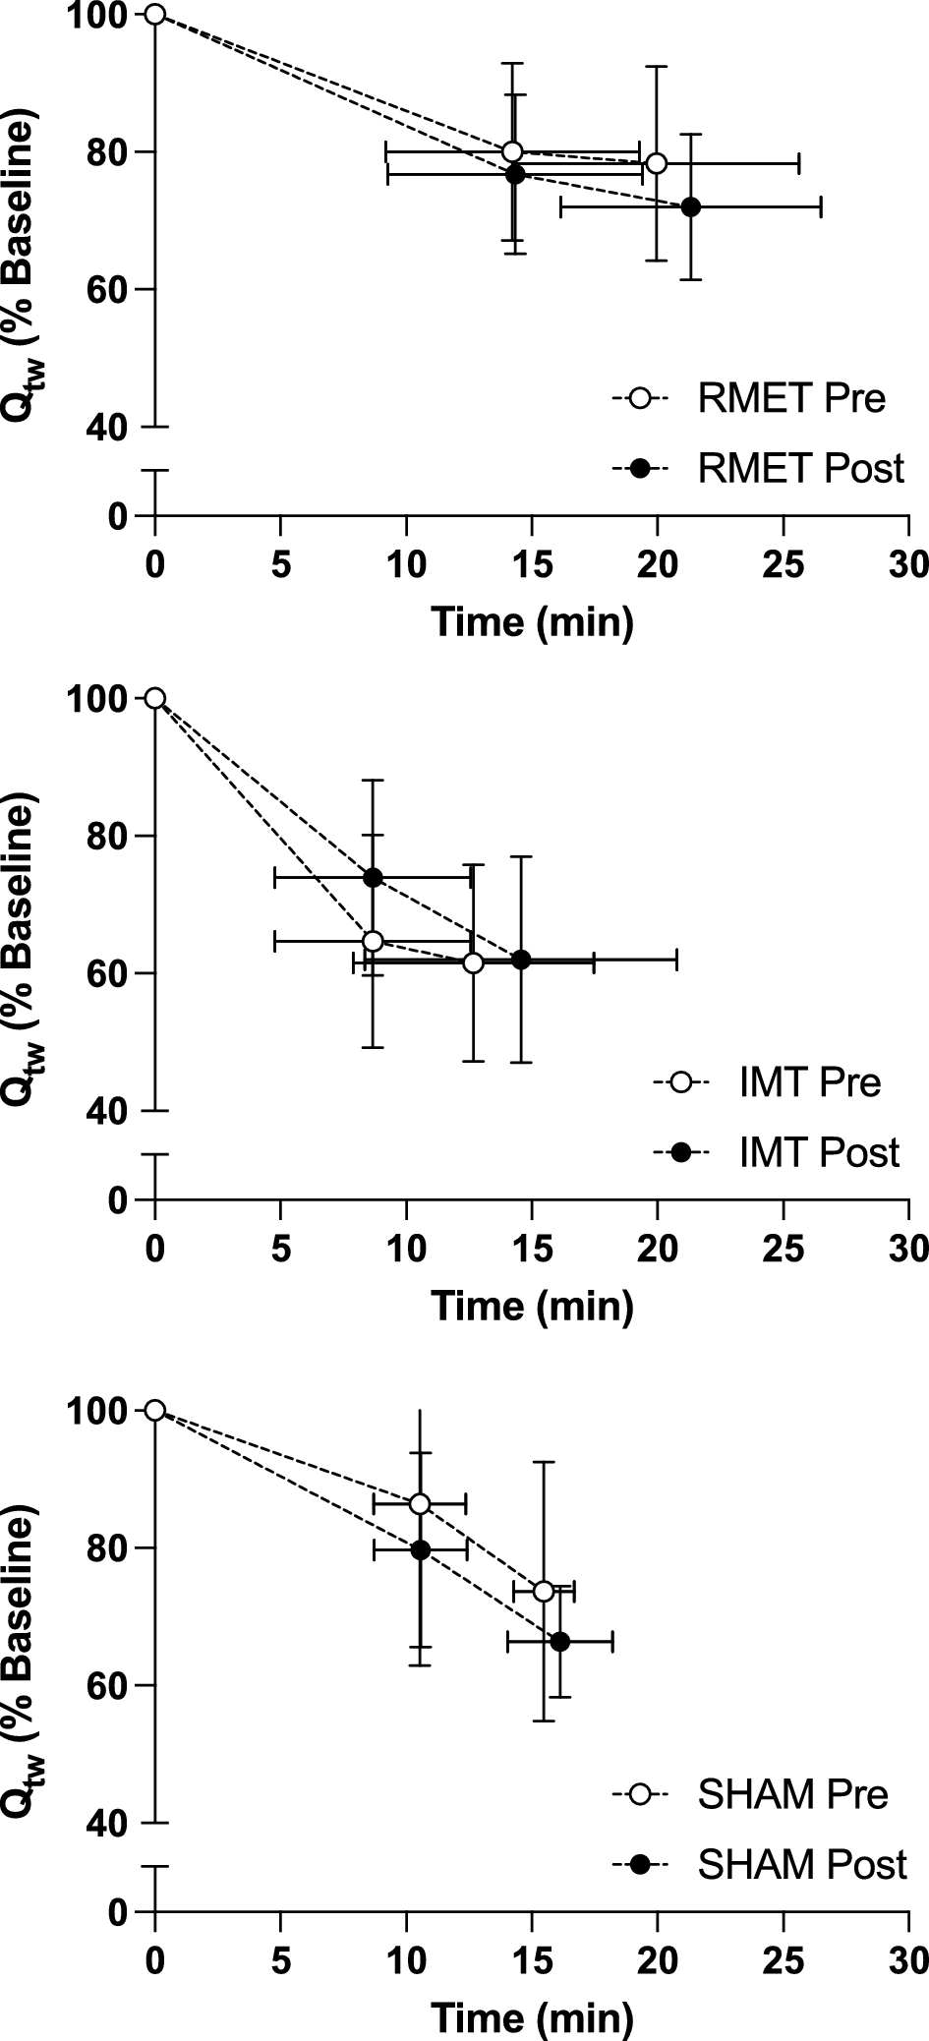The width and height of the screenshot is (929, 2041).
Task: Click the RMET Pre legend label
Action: tap(791, 399)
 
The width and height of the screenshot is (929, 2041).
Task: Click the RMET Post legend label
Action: tap(800, 468)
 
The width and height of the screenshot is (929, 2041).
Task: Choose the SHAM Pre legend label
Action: tap(792, 1794)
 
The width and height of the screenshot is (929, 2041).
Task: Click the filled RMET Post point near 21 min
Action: tap(691, 206)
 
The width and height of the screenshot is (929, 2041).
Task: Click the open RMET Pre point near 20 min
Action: tap(657, 163)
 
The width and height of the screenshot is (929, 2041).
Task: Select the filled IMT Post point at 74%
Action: tap(373, 877)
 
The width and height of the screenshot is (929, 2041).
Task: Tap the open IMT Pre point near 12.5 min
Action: tap(473, 962)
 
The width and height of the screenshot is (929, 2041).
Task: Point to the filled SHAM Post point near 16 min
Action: tap(559, 1641)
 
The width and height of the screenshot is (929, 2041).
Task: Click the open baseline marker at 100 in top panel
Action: tap(154, 14)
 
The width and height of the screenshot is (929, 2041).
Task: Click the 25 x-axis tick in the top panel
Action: tap(783, 566)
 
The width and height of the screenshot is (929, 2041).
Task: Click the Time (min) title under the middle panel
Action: tap(532, 1306)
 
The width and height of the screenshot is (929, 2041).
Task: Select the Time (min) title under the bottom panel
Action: tap(532, 2017)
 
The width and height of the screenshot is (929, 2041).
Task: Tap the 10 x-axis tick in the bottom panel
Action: tap(406, 1966)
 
